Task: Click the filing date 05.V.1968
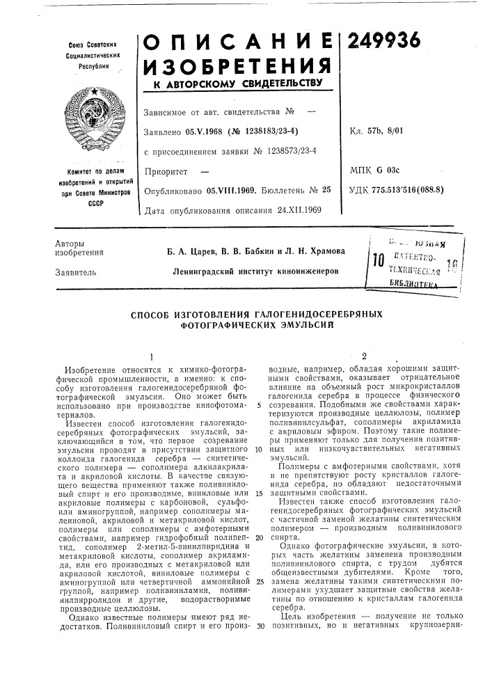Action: (205, 130)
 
